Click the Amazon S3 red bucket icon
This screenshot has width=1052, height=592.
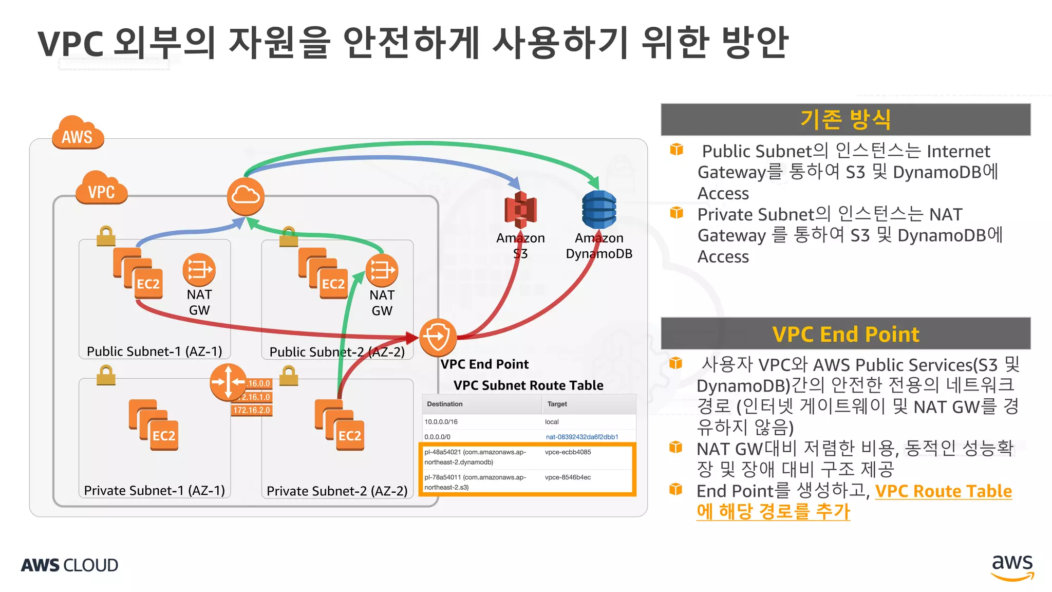click(x=520, y=210)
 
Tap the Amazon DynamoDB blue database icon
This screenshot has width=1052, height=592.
click(x=599, y=210)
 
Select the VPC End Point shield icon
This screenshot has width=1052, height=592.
click(x=438, y=337)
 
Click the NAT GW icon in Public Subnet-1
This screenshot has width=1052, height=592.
click(x=199, y=270)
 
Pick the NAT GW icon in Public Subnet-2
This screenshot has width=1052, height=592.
click(x=382, y=270)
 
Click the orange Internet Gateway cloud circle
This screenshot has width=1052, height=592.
click(x=246, y=196)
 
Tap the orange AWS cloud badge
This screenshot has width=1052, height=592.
click(x=78, y=133)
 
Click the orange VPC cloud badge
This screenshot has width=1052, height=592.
click(x=101, y=189)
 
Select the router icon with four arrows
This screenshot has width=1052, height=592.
click(x=228, y=382)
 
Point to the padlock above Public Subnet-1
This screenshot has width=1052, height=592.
click(x=106, y=236)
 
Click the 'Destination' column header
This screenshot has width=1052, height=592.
click(x=445, y=404)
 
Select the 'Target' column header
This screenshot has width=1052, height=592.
click(x=557, y=404)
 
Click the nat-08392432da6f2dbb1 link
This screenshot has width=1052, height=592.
click(x=582, y=437)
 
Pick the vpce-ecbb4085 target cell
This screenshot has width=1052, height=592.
click(x=568, y=452)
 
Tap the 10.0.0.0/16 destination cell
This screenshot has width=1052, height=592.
click(x=441, y=422)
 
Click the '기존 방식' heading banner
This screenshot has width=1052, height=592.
click(x=846, y=120)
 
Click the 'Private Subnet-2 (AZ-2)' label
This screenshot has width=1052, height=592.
click(x=337, y=491)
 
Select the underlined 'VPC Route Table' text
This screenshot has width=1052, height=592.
click(x=944, y=491)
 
